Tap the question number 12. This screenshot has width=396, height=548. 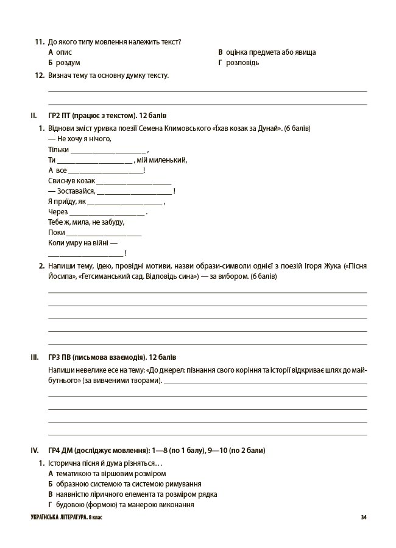(40, 76)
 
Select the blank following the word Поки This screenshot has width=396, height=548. (104, 233)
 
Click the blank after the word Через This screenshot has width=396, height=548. (107, 213)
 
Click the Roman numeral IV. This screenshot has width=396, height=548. (35, 451)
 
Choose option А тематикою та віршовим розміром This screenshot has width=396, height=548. (107, 473)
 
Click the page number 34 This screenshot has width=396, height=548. (364, 518)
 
